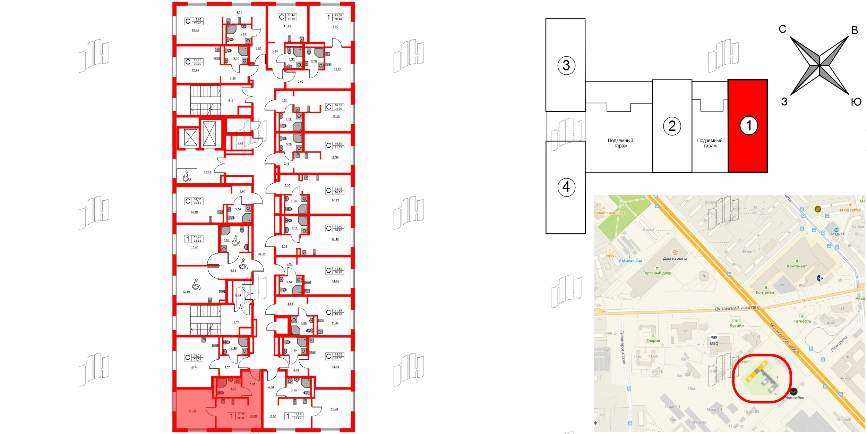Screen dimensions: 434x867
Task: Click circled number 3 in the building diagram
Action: point(566,65)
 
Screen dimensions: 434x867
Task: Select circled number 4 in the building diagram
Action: point(566,187)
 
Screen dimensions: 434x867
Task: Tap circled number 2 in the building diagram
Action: point(672,126)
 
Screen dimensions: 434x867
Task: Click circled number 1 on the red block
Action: point(748,125)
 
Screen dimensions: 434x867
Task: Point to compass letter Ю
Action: point(856,102)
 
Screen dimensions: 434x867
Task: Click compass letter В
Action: point(855,31)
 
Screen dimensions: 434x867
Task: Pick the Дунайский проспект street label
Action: point(737,308)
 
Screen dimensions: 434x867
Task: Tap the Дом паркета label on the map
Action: point(675,258)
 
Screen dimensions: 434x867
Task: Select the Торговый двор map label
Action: point(657,273)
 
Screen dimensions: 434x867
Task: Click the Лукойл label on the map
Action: point(736,326)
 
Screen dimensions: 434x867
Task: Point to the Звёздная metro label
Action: point(836,234)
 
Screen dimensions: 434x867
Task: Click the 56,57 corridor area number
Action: point(262,254)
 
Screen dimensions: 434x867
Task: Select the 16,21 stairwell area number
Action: point(231,101)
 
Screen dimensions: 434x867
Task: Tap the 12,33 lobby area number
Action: point(207,172)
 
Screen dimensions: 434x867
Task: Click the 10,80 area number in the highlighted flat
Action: point(253,416)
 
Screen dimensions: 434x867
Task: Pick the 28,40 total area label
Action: point(198,23)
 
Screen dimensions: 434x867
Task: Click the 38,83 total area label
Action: point(197,241)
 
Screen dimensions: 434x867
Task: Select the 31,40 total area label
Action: point(297,418)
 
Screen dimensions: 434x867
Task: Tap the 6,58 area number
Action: point(233,271)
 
